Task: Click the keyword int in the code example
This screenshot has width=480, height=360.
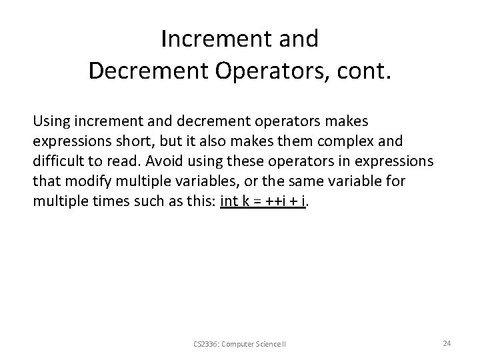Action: coord(228,202)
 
